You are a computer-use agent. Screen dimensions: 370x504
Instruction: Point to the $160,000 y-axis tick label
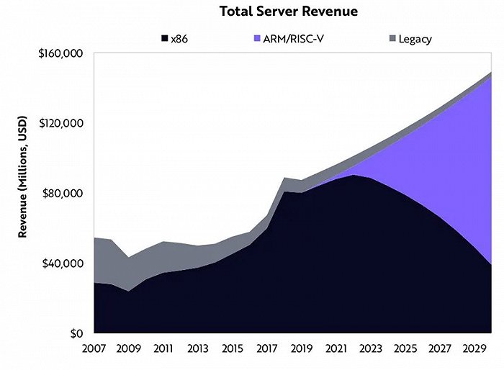[62, 53]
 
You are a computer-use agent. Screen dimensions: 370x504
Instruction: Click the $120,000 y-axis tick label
[62, 123]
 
